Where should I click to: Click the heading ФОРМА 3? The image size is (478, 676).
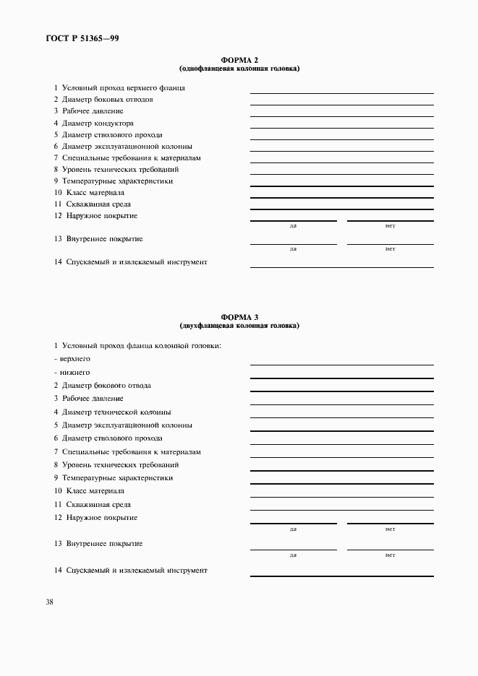239,317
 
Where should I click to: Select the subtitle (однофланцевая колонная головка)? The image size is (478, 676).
239,69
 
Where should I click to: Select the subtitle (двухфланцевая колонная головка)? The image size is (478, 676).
239,325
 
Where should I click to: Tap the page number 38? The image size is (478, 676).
50,602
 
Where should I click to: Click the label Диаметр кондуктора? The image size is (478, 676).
93,123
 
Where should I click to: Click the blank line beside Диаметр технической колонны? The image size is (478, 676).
341,417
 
